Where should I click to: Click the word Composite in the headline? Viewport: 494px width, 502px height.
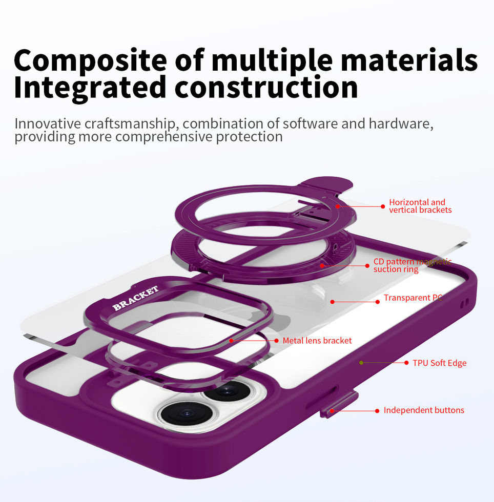(x=90, y=60)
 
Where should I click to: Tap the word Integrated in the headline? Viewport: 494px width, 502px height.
(x=90, y=87)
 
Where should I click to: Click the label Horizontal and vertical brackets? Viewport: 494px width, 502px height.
(x=420, y=206)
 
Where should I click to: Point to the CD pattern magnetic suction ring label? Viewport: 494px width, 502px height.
(x=412, y=265)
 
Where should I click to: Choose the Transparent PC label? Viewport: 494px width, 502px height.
(x=413, y=298)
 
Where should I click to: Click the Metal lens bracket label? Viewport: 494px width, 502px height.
(x=317, y=341)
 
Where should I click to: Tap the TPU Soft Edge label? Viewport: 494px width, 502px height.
(x=439, y=363)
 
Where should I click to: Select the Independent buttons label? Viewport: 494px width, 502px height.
(x=424, y=410)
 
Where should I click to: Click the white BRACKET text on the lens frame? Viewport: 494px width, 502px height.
(x=136, y=299)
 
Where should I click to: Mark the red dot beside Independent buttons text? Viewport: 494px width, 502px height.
(x=377, y=411)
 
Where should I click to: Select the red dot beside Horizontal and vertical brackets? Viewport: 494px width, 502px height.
(x=382, y=206)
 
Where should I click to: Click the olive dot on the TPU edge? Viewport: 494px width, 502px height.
(x=361, y=363)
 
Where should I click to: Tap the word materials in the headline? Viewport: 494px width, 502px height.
(x=409, y=60)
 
